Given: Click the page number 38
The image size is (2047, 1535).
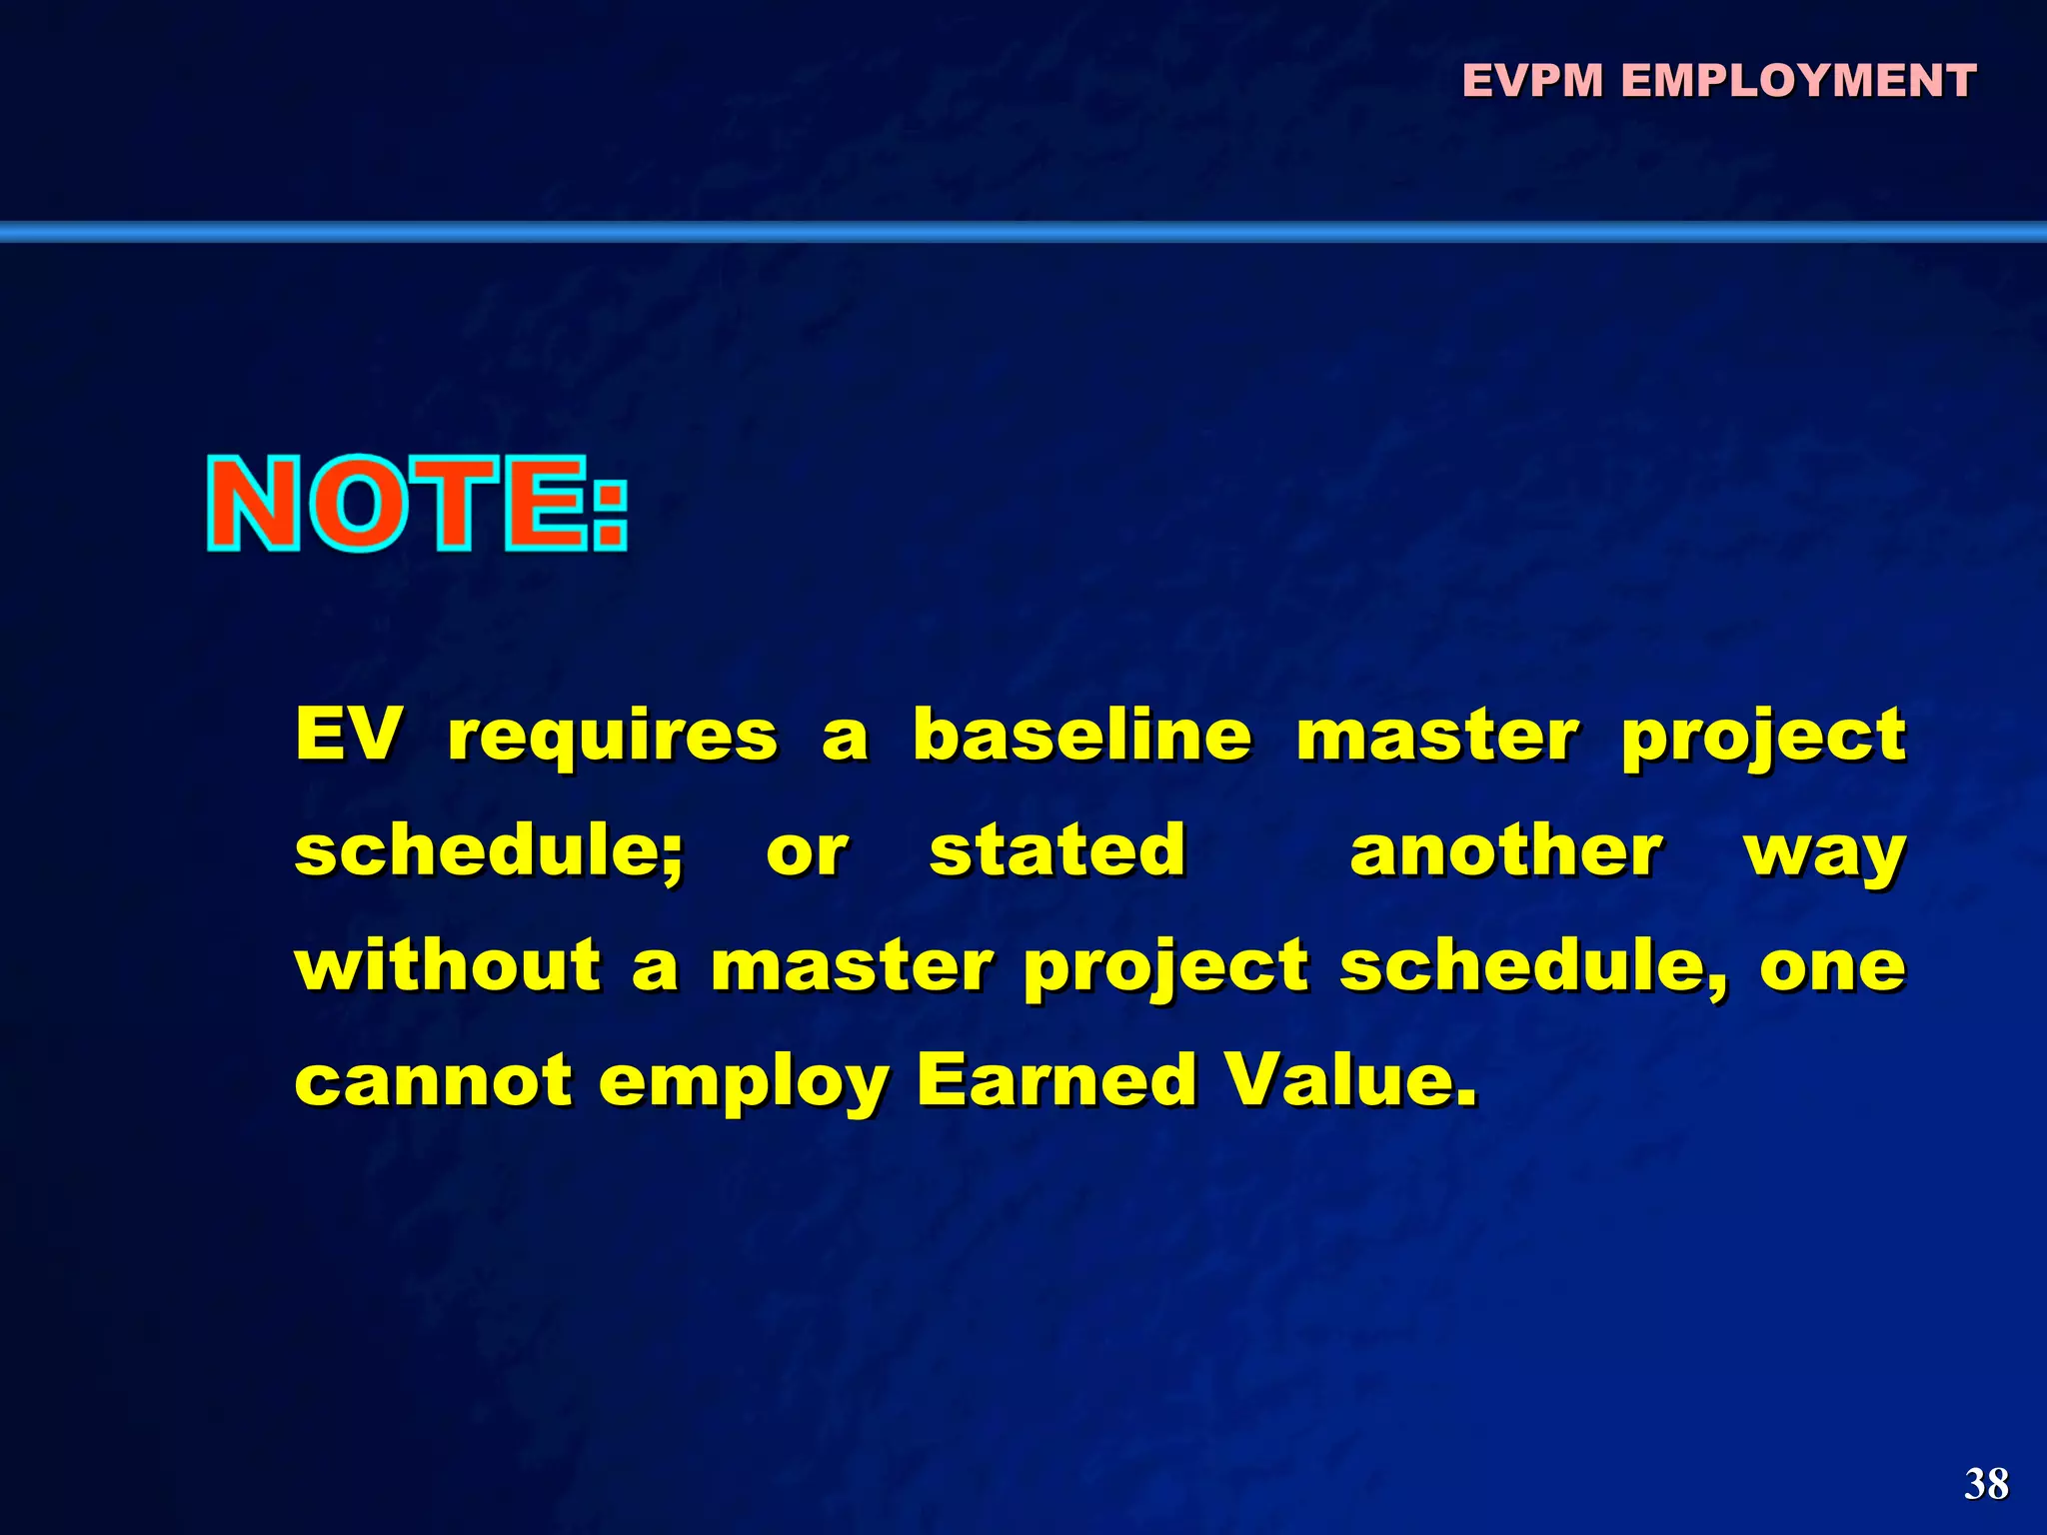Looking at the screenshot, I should tap(1986, 1484).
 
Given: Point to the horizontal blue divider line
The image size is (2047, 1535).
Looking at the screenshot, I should tap(1023, 232).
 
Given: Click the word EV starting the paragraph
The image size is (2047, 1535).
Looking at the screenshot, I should tap(348, 735).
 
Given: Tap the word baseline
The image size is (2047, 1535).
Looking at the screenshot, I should tap(1081, 735).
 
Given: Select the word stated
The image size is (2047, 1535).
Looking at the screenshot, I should tap(1057, 850).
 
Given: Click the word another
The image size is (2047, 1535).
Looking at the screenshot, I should tap(1505, 850).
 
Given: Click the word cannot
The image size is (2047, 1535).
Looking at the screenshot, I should tap(433, 1081).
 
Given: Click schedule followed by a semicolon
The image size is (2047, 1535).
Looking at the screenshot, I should tap(488, 850).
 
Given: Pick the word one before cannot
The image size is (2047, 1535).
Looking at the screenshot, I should tap(1832, 967).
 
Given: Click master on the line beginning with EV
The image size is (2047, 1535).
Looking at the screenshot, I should tap(1437, 735).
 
